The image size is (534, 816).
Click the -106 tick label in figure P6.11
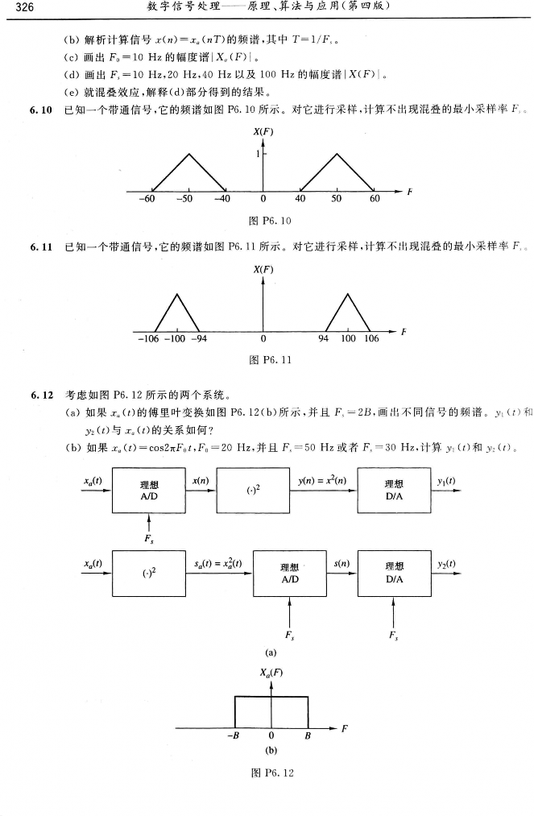tap(147, 338)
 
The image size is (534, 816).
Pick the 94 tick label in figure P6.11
tap(323, 338)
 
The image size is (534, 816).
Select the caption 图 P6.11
tap(265, 360)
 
